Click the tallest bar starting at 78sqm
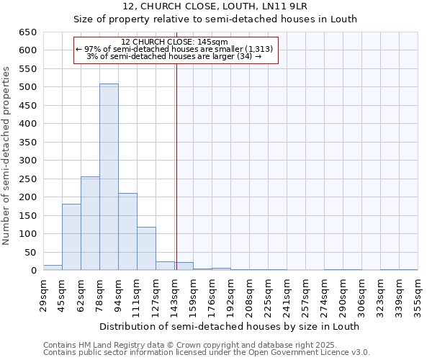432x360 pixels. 109,177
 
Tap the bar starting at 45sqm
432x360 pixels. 71,237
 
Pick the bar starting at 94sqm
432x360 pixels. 127,232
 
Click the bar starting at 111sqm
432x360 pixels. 146,249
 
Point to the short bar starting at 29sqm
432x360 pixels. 53,268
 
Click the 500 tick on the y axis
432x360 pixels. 28,87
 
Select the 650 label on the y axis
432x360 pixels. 28,32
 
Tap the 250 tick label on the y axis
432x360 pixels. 28,179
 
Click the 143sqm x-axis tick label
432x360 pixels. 174,294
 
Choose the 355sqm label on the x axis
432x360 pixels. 418,294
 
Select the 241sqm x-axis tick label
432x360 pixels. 287,294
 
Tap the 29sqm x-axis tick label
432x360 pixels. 43,294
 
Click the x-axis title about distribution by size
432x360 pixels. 229,326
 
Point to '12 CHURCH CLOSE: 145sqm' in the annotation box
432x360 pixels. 174,42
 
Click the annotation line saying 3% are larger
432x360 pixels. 174,56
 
